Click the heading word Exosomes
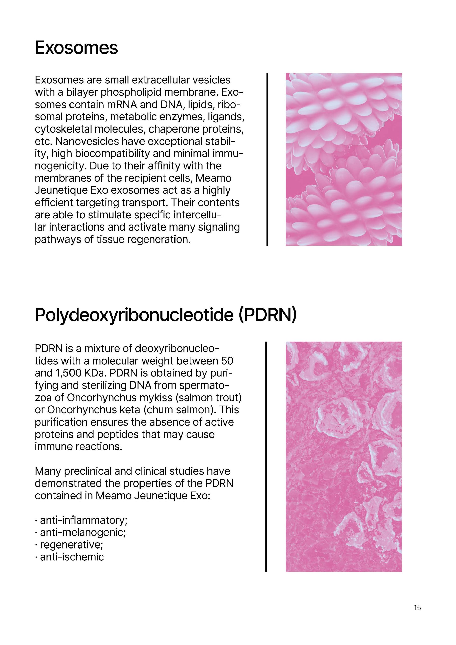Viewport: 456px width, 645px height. (76, 48)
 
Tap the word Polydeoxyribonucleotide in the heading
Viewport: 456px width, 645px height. (134, 315)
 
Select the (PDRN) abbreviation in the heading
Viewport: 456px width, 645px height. (267, 315)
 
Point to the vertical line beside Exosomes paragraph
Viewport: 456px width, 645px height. (267, 159)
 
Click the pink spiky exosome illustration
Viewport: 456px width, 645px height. (344, 159)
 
